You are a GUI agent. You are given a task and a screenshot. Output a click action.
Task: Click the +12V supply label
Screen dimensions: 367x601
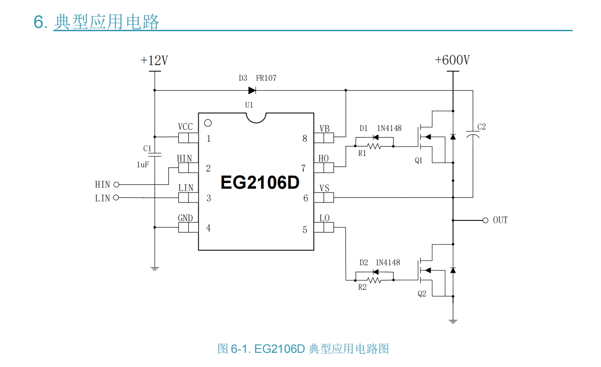click(154, 61)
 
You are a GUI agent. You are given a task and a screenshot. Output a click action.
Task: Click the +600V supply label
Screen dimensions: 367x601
click(452, 61)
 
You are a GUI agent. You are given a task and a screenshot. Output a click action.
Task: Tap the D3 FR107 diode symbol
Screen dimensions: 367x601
click(252, 90)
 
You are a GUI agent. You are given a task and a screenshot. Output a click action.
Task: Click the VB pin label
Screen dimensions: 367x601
click(324, 129)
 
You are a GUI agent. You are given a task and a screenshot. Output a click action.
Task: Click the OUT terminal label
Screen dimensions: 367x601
click(500, 220)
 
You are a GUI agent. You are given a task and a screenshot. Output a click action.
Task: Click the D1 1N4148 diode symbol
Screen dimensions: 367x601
click(376, 138)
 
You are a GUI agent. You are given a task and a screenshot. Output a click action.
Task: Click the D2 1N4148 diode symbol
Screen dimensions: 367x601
click(376, 271)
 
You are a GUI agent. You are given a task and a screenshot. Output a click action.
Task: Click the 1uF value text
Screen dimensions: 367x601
click(143, 165)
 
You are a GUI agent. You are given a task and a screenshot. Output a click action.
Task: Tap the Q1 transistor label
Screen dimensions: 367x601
click(419, 161)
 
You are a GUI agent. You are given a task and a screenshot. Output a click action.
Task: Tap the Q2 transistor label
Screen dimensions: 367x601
click(422, 294)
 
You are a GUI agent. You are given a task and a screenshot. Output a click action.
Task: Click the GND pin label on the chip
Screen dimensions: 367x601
click(185, 218)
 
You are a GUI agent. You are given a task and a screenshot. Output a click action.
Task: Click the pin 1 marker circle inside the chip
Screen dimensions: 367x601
click(207, 123)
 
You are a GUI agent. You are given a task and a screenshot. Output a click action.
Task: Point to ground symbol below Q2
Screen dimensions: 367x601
click(453, 322)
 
